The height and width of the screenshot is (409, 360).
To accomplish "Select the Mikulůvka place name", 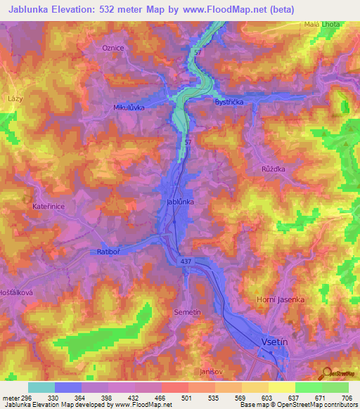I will click(x=129, y=108).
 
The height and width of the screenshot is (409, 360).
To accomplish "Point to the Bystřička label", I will click(x=229, y=101).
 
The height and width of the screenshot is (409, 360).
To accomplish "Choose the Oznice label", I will click(x=112, y=47).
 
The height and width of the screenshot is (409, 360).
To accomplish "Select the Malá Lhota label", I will click(x=322, y=24).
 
